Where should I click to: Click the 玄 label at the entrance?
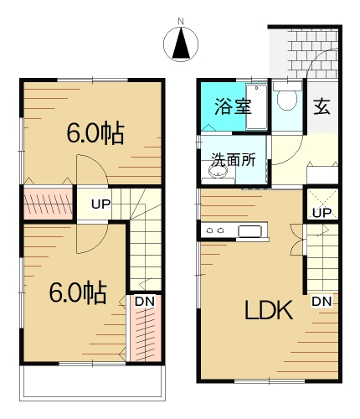click(x=321, y=106)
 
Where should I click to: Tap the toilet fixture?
click(x=287, y=100)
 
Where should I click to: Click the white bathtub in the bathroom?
click(x=256, y=106)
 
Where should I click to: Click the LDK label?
click(x=268, y=312)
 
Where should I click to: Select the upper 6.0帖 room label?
click(x=95, y=132)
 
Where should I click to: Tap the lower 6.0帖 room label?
click(x=77, y=292)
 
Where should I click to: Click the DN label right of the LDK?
click(x=321, y=301)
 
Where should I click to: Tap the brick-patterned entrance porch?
click(x=306, y=50)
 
